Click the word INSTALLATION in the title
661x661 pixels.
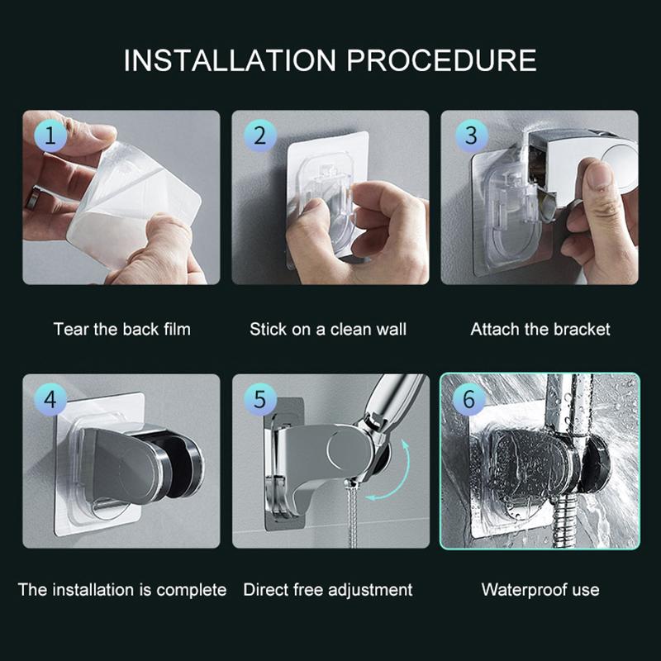tap(230, 61)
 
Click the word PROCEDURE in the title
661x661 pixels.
tap(443, 61)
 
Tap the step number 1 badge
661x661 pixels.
tap(50, 136)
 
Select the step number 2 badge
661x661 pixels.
tap(259, 136)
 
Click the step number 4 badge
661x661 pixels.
tap(50, 401)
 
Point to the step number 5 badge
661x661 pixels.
tap(259, 401)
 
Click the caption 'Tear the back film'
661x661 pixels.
tap(121, 329)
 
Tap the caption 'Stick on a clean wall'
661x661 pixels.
tap(328, 329)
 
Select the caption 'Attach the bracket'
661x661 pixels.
tap(540, 329)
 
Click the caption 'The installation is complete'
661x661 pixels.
tap(121, 590)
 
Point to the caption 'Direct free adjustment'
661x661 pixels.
tap(328, 590)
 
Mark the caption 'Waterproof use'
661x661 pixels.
tap(540, 590)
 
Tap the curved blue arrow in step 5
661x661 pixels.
tap(397, 479)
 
